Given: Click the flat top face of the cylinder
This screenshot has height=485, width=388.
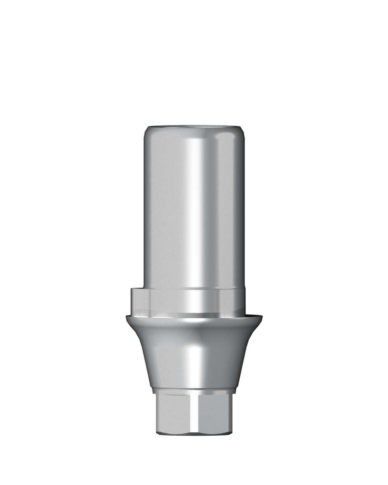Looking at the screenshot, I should [x=194, y=126].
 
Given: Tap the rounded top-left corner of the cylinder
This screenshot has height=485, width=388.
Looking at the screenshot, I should [x=147, y=131].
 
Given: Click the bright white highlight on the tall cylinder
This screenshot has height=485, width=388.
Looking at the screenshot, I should [x=195, y=208].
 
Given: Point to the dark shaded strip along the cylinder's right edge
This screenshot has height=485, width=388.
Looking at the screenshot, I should [x=239, y=208].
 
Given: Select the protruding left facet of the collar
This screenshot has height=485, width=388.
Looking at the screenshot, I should [x=140, y=300].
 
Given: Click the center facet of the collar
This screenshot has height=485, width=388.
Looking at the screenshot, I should [x=185, y=300].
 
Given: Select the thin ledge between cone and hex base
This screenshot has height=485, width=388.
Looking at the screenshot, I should [x=194, y=391].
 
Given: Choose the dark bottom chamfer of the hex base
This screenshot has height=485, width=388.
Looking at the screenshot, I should [x=194, y=432].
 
